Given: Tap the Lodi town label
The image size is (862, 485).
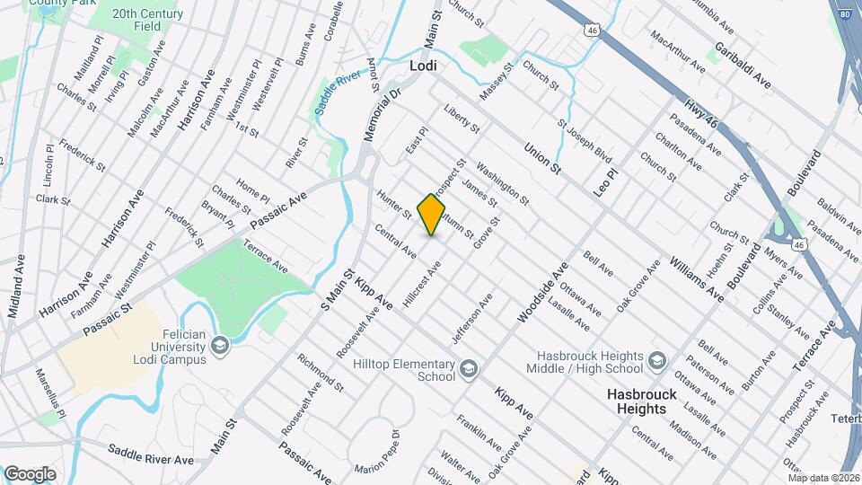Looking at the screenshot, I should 423,66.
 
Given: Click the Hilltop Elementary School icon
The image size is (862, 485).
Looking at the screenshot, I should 468,369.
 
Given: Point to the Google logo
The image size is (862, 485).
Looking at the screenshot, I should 30,473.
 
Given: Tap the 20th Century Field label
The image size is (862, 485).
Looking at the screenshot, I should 149,21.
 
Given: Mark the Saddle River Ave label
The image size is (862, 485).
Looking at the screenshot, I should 150,454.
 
